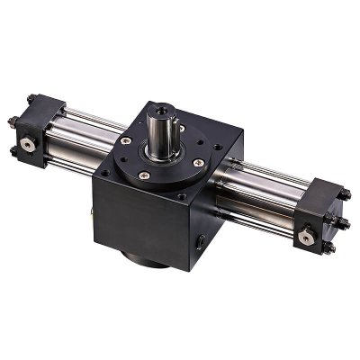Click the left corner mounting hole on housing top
(105, 171)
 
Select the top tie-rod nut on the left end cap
(32, 99)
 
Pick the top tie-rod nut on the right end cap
(344, 193)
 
